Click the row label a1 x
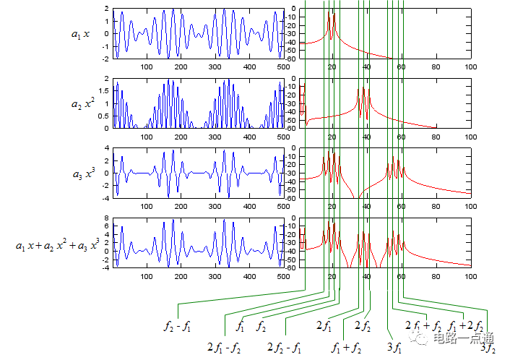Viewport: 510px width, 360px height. [80, 34]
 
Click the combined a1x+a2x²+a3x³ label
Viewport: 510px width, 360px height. [57, 244]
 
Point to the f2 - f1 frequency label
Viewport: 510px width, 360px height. [177, 325]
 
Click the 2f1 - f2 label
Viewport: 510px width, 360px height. [223, 347]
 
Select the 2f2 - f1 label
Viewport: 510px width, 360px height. [284, 347]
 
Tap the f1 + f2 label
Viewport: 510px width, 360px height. [346, 347]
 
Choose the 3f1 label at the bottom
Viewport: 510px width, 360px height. [394, 348]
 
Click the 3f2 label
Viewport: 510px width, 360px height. [488, 348]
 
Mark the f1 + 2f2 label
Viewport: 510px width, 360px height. [466, 325]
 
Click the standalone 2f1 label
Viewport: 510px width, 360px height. [324, 326]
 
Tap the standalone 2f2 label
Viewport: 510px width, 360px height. [363, 326]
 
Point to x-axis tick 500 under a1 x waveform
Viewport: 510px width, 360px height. [282, 67]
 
